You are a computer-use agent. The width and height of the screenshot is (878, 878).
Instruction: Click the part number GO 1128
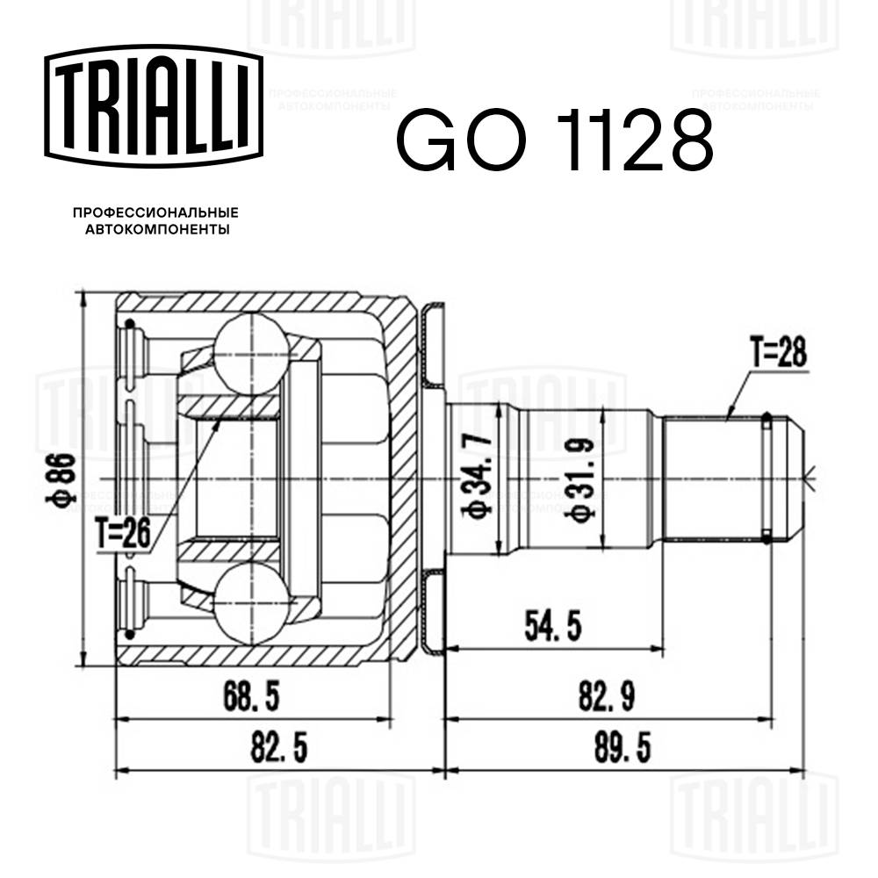click(554, 140)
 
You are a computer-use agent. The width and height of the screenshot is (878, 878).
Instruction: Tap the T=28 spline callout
click(778, 354)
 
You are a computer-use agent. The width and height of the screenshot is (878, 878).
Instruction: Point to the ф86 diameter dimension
click(68, 479)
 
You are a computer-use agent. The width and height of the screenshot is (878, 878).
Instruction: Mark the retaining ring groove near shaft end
click(766, 479)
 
